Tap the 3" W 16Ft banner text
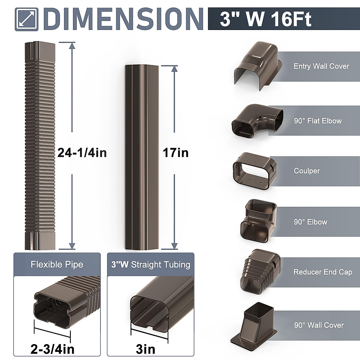[265, 19]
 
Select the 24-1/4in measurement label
[82, 153]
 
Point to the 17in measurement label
[175, 153]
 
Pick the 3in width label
[145, 349]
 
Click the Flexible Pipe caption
[57, 264]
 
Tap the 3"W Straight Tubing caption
[151, 264]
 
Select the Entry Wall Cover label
[321, 66]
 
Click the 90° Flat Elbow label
[318, 121]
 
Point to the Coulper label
[307, 171]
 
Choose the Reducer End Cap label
[322, 272]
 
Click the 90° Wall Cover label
[319, 325]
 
